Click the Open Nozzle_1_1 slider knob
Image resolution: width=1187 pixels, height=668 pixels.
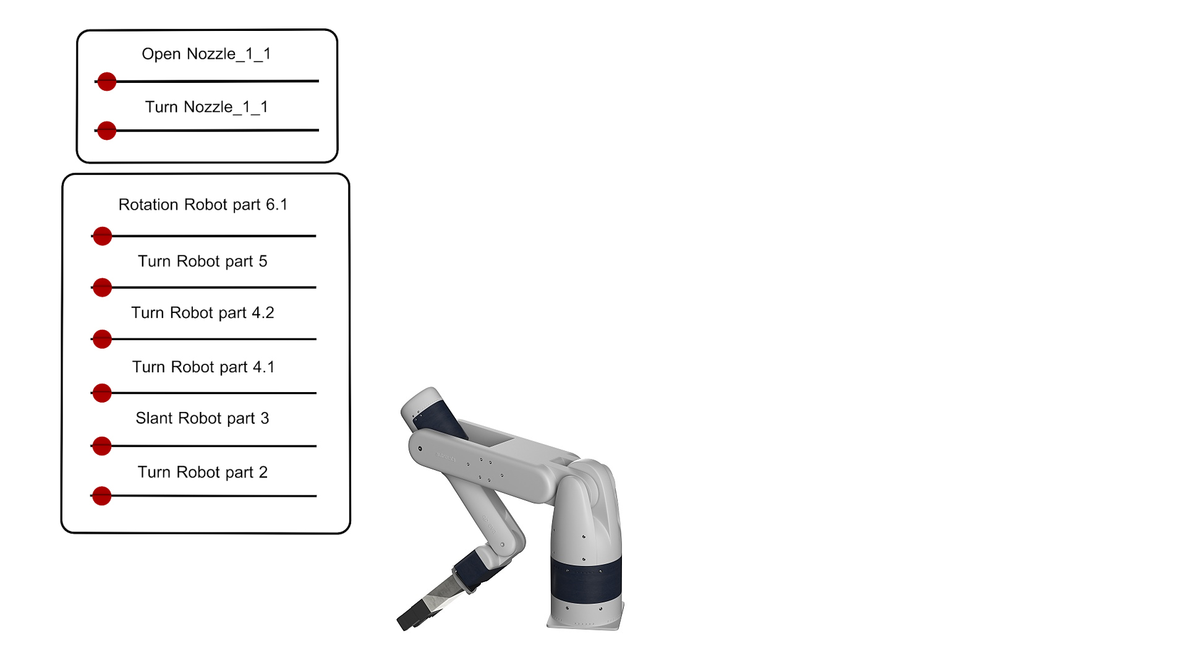107,81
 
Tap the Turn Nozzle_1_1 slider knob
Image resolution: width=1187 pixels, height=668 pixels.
107,131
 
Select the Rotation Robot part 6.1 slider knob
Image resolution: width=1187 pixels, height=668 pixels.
102,236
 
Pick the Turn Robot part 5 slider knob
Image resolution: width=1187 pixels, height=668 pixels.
102,287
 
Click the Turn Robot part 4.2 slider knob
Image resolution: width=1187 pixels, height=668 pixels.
102,339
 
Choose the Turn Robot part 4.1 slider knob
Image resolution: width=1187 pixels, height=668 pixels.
102,393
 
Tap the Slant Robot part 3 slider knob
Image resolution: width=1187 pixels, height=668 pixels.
102,446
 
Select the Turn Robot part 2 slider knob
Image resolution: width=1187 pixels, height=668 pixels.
102,495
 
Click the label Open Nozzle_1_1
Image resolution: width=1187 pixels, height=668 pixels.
206,54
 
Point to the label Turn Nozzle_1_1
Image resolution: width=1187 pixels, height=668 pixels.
206,108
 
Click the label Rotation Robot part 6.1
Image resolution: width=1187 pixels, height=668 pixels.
203,205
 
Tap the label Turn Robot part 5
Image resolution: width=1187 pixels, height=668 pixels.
203,262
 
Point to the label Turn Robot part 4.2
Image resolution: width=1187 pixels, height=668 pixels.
203,313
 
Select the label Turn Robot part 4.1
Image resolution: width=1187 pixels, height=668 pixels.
203,367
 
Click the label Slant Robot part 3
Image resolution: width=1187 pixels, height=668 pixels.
203,419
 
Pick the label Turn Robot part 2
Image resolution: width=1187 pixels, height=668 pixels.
203,473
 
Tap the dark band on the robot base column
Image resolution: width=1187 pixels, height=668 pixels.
586,580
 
